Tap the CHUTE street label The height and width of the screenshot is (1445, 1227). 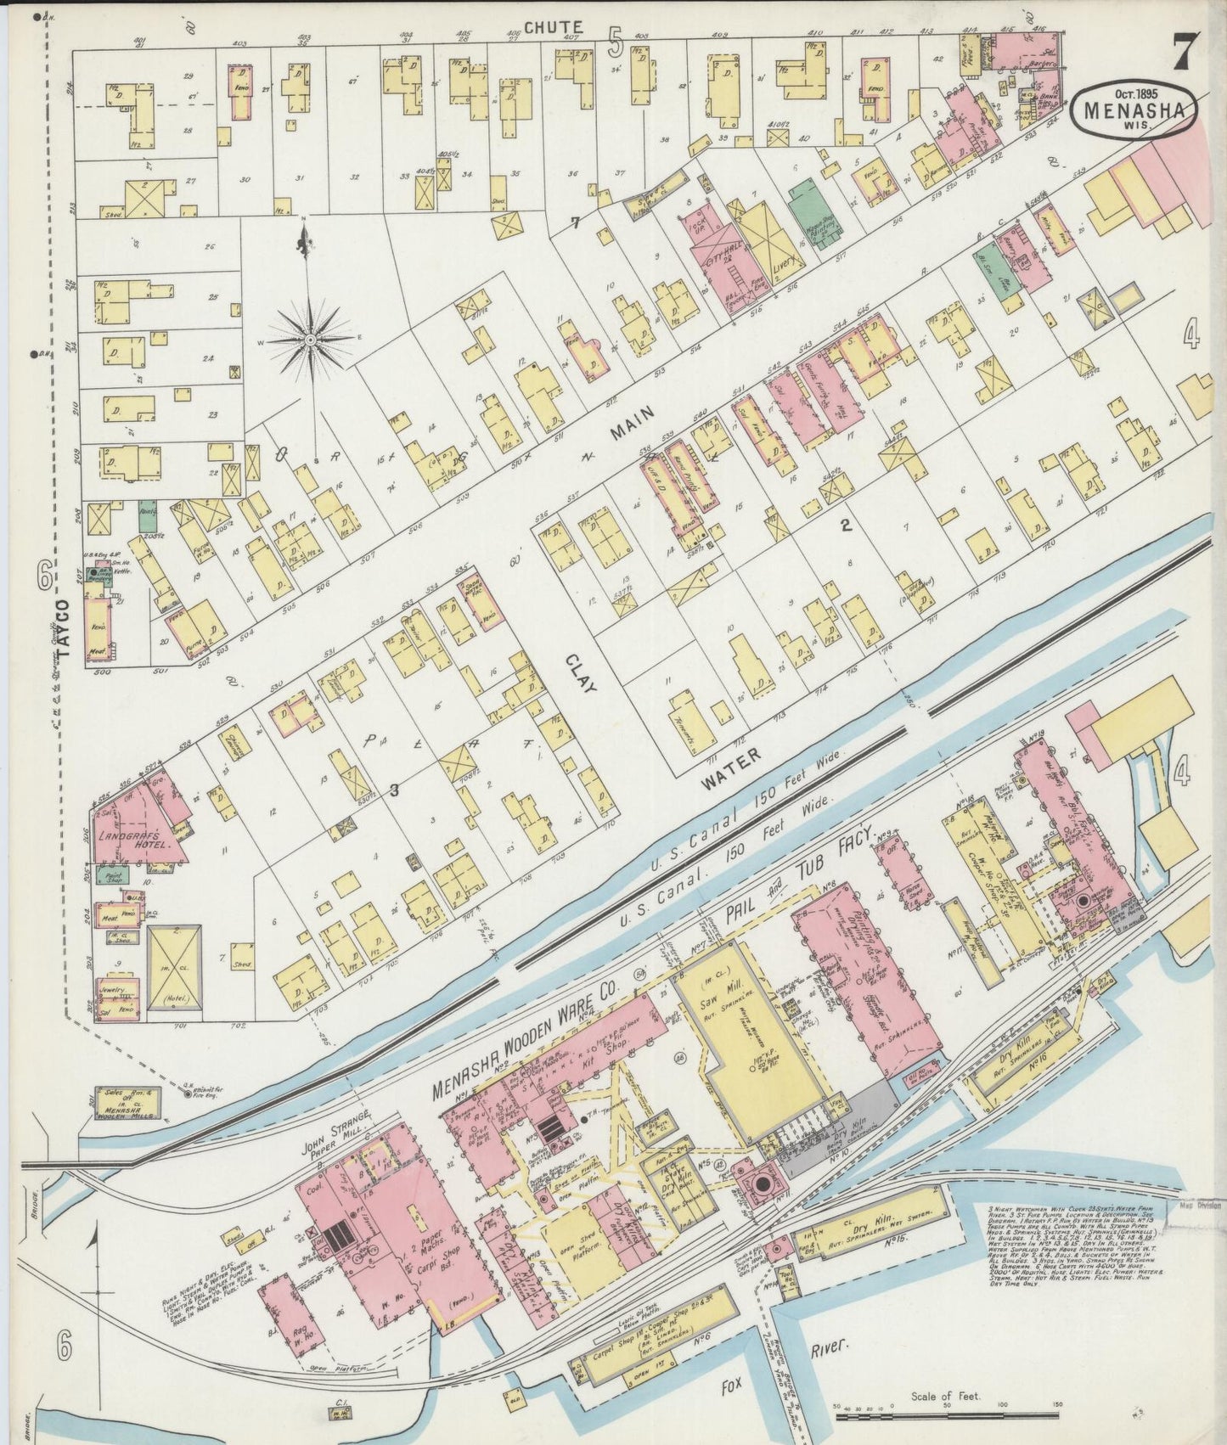click(552, 28)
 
